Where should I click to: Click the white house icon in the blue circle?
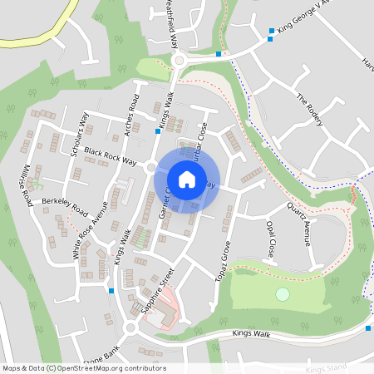coord(186,179)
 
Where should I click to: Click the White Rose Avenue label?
coord(90,230)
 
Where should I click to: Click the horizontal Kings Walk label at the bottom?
coord(251,334)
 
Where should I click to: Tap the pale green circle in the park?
coord(283,294)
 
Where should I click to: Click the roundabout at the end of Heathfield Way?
coord(180,60)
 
